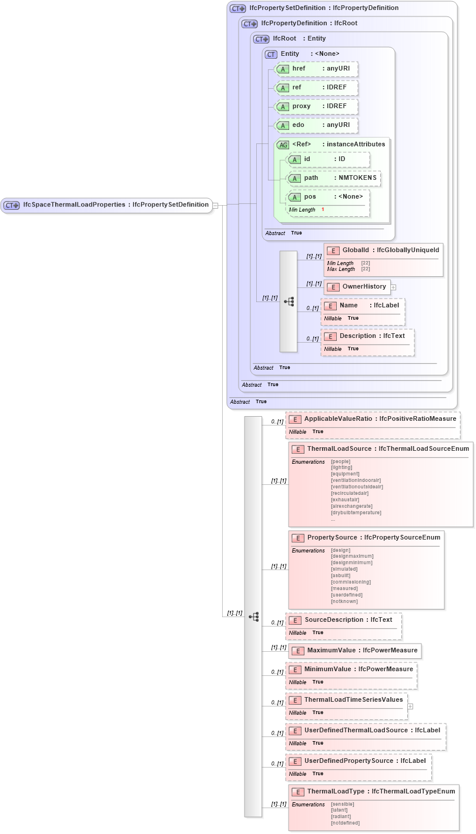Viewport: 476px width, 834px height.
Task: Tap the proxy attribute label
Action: click(x=301, y=106)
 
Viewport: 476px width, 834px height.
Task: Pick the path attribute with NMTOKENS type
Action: click(x=333, y=178)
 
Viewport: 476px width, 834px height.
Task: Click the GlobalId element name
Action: click(x=355, y=250)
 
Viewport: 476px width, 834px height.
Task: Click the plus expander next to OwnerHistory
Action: click(x=394, y=287)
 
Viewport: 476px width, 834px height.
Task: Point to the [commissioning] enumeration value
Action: click(x=351, y=582)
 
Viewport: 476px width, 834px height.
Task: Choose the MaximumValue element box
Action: click(x=355, y=651)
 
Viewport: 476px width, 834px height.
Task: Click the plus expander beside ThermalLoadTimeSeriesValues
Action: click(x=410, y=706)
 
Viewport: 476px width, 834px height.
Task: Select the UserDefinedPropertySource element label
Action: click(x=349, y=761)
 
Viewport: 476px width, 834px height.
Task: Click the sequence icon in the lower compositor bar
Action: click(x=254, y=617)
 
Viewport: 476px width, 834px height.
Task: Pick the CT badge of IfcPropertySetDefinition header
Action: click(x=238, y=9)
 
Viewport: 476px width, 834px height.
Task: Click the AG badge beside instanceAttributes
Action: click(x=283, y=145)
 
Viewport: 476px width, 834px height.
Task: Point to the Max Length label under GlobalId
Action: click(x=341, y=269)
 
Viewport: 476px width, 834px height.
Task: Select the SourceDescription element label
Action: click(x=334, y=620)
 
